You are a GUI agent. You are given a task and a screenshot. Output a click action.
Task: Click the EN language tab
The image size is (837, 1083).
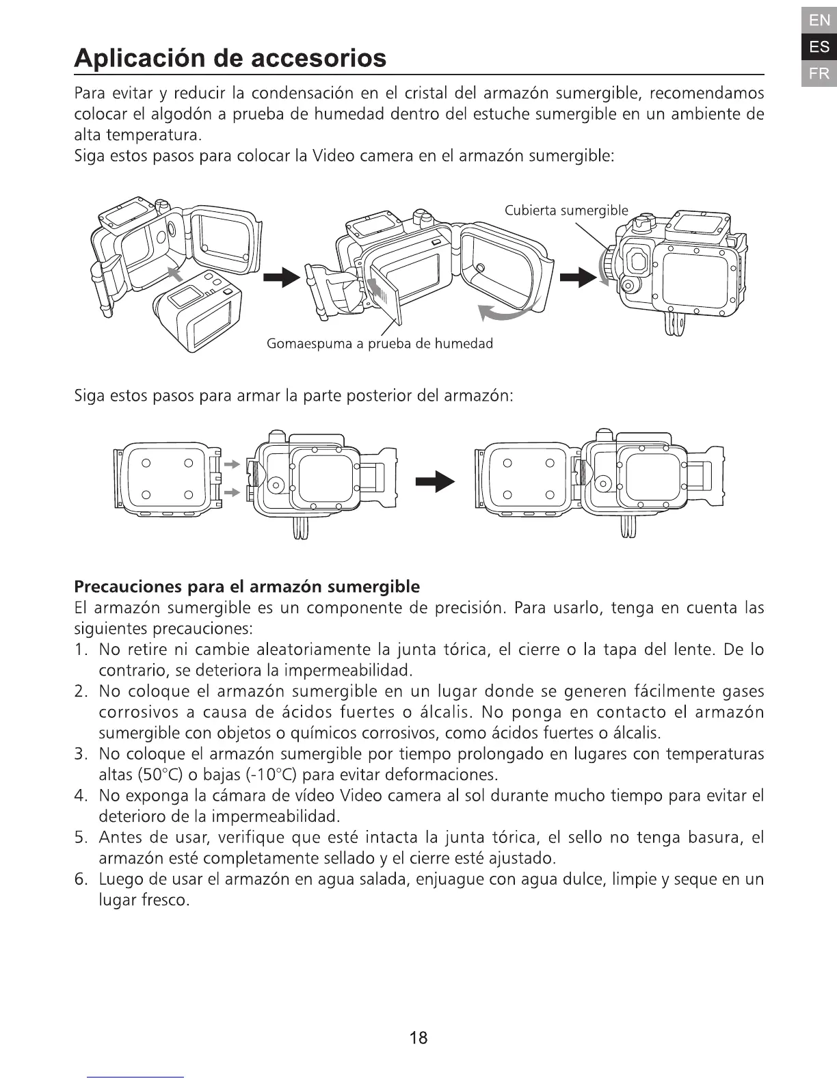(x=819, y=21)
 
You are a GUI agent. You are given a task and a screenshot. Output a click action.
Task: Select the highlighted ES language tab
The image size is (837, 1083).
(x=819, y=47)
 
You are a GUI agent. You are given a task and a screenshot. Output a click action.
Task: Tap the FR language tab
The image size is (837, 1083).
(x=819, y=73)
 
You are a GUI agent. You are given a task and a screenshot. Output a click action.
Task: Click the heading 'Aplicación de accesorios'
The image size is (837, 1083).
(x=230, y=58)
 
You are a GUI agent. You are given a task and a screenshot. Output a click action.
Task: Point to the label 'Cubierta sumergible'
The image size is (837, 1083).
(x=566, y=211)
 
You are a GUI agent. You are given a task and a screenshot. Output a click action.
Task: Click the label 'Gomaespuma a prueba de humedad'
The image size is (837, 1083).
(x=380, y=343)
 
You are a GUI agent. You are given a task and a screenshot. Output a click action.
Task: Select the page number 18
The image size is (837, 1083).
(x=418, y=1038)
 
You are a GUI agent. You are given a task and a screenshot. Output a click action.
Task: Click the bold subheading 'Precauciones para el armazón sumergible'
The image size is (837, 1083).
(x=246, y=587)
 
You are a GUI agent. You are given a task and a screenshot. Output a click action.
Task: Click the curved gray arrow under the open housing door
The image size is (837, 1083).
(x=505, y=312)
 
